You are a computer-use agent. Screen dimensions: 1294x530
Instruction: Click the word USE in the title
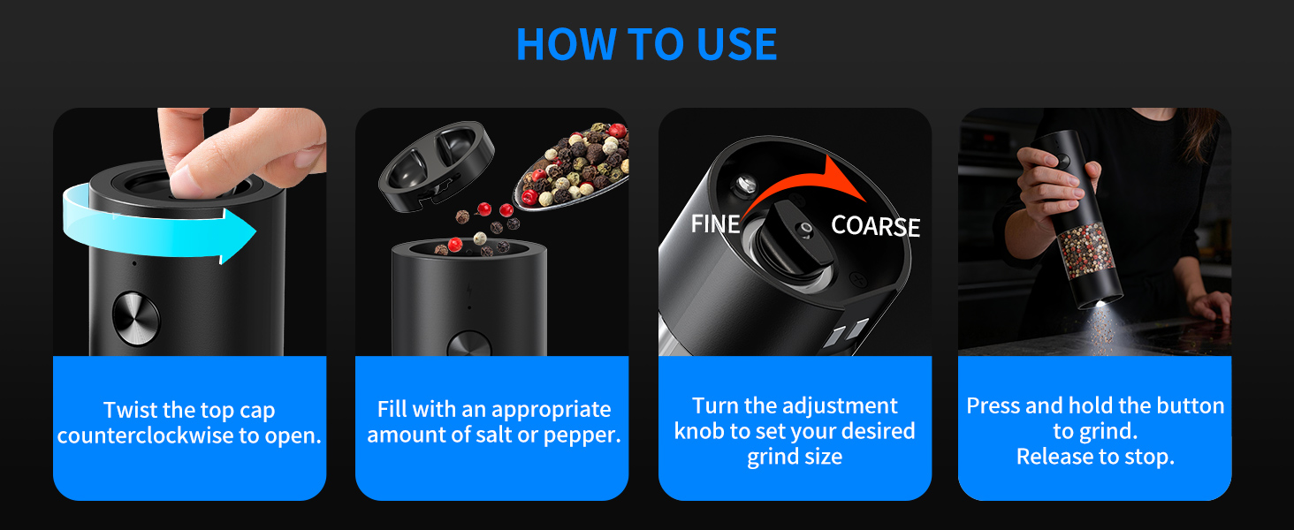(x=737, y=44)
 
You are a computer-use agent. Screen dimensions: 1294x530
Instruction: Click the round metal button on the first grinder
(x=136, y=318)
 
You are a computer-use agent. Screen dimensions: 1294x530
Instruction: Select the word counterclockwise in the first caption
(x=146, y=435)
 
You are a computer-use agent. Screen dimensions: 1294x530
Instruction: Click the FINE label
(x=716, y=224)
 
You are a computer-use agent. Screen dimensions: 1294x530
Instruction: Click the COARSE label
(x=875, y=226)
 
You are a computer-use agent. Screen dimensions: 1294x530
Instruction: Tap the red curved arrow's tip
(x=864, y=200)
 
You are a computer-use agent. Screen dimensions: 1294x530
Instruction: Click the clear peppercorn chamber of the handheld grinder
(x=1085, y=251)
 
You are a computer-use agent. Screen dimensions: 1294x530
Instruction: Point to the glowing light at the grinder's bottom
(x=1101, y=304)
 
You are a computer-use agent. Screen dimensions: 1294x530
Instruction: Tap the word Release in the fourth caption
(x=1053, y=457)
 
